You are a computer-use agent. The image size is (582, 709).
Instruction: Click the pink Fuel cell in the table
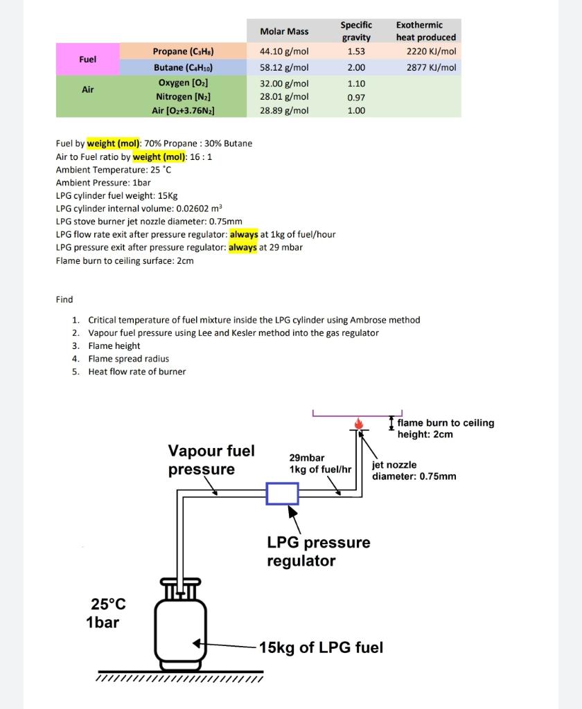tap(88, 59)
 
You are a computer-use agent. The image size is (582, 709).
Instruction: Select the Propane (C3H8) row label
tap(183, 51)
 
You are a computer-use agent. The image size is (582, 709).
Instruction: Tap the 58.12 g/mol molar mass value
tap(284, 67)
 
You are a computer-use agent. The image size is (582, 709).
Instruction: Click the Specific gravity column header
tap(356, 30)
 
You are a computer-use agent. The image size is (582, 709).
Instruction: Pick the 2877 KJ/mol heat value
tap(431, 67)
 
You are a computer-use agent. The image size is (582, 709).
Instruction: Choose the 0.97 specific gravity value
tap(355, 97)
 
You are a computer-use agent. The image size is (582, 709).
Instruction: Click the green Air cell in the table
tap(88, 90)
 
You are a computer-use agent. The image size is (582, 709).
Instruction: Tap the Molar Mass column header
tap(284, 31)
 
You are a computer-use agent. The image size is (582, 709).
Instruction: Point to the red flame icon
tap(358, 422)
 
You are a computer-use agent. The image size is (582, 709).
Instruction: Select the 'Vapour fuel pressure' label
tap(211, 460)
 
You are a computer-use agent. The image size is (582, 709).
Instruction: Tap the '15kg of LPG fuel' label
tap(321, 647)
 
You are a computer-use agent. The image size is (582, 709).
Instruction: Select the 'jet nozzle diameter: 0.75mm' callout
tap(414, 470)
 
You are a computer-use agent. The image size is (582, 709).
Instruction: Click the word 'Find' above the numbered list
tap(64, 299)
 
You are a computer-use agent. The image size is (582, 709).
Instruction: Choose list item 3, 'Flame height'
tap(114, 345)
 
